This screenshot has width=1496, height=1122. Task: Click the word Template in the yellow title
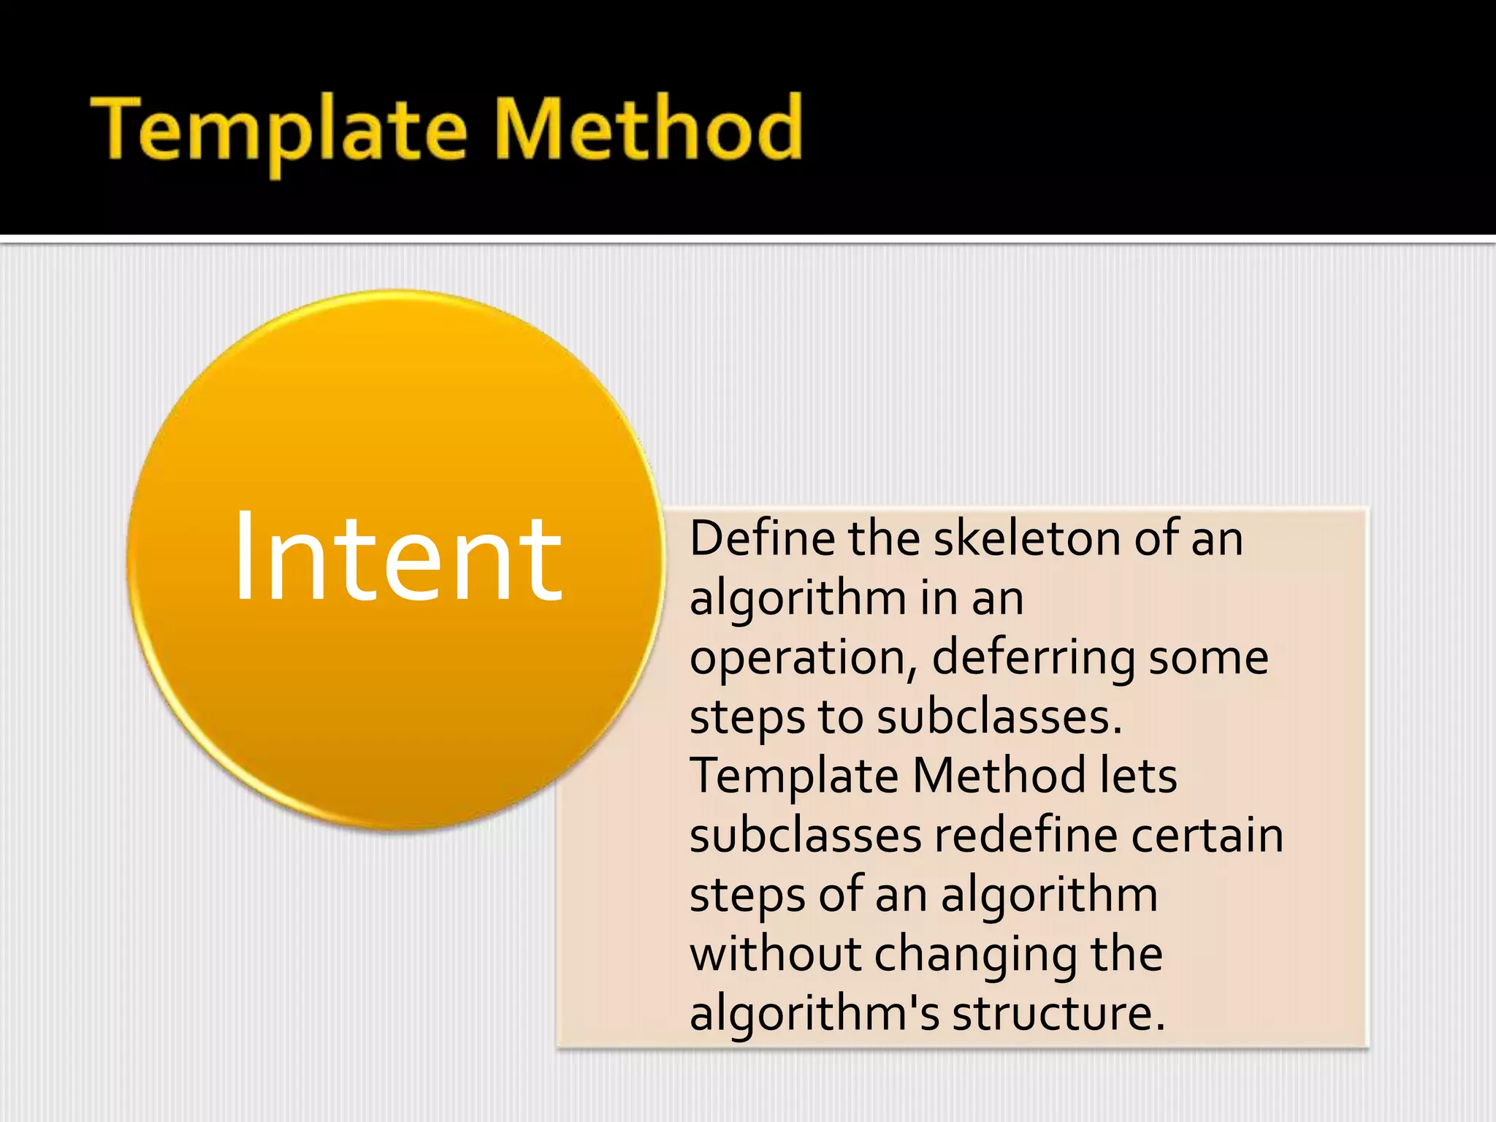tap(278, 131)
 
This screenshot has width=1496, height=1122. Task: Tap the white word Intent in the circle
tap(397, 559)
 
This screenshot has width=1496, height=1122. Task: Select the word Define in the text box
tap(763, 538)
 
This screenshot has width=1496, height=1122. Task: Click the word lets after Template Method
tap(1138, 776)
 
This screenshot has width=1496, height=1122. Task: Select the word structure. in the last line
tap(1059, 1014)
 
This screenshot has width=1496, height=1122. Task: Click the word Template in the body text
tap(793, 777)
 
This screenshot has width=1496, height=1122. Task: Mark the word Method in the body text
tap(998, 776)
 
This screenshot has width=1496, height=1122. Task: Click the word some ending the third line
tap(1208, 658)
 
